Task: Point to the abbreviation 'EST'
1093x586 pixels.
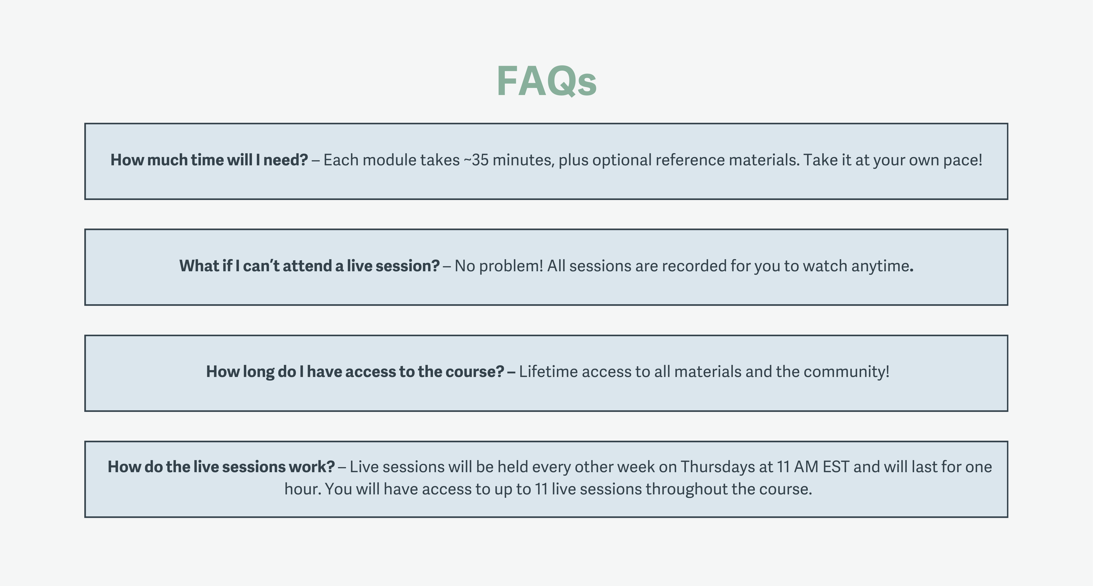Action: [836, 467]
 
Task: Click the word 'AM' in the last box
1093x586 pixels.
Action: [806, 467]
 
